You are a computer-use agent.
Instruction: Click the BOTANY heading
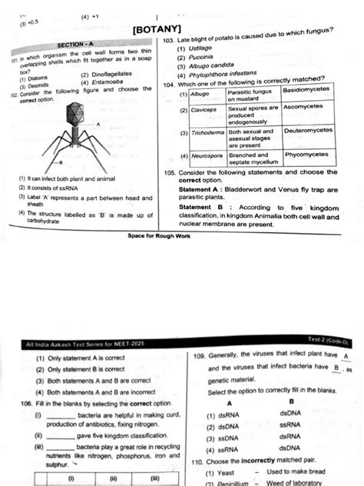tap(157, 30)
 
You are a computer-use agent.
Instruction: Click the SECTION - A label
tap(76, 45)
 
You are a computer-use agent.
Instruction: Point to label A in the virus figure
tap(98, 123)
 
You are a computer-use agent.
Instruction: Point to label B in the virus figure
tap(61, 163)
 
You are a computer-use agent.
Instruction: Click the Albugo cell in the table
tap(200, 92)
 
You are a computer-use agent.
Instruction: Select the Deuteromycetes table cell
tap(308, 131)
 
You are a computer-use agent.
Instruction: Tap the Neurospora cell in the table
tap(205, 155)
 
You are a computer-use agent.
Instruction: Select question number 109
tap(199, 357)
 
